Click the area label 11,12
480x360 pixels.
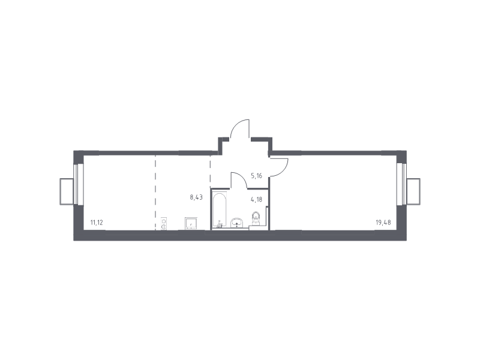click(x=97, y=223)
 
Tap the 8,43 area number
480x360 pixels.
click(x=196, y=197)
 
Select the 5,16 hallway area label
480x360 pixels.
click(x=257, y=176)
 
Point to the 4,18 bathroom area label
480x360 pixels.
click(x=257, y=200)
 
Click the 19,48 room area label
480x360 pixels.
click(x=383, y=223)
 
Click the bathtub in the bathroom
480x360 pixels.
click(x=219, y=211)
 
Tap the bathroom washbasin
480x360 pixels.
click(x=237, y=223)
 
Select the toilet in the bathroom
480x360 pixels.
click(x=256, y=218)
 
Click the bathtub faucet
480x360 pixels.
click(x=219, y=225)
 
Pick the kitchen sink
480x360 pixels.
click(x=191, y=223)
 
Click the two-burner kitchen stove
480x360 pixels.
click(x=164, y=223)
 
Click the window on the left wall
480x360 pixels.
click(x=79, y=184)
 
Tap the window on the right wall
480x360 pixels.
click(x=401, y=184)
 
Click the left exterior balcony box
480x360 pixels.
click(x=67, y=191)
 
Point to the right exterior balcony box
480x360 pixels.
click(x=413, y=191)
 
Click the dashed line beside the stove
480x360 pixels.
click(x=155, y=193)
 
